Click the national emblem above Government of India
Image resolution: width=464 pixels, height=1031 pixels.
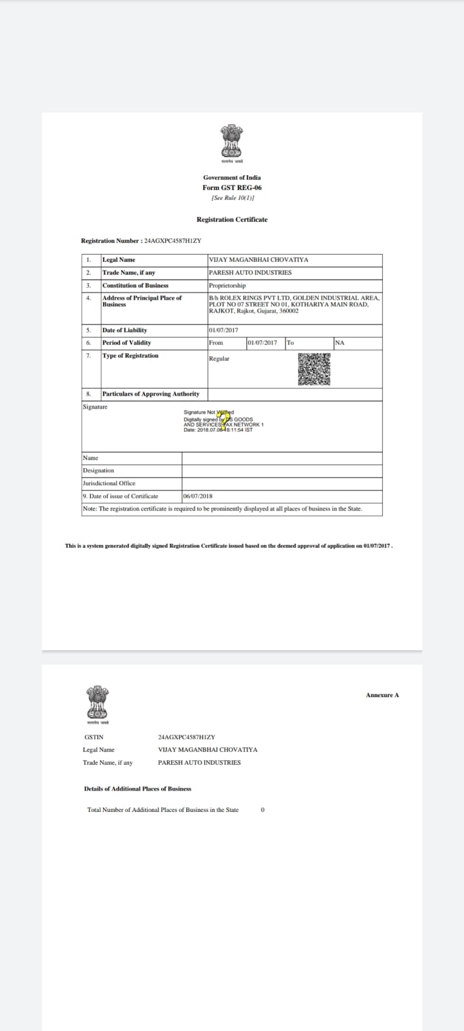[x=231, y=142]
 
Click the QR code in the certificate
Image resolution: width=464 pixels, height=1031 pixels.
[x=314, y=369]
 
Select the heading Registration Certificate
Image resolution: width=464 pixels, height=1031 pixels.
[x=232, y=220]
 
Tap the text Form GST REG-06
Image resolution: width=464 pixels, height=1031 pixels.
[x=232, y=188]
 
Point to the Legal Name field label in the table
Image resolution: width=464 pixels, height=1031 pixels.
[x=119, y=260]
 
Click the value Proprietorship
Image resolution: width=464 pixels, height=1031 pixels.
[x=227, y=285]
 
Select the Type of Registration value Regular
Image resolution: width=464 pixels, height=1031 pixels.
[x=219, y=359]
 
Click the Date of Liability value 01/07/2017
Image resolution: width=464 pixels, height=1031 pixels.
[x=224, y=330]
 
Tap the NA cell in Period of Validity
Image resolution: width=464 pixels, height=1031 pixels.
[x=340, y=343]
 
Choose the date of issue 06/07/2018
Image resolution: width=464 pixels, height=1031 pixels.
[x=198, y=496]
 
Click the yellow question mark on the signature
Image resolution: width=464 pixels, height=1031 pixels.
[x=224, y=419]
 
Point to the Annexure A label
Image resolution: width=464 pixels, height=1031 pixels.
[x=382, y=695]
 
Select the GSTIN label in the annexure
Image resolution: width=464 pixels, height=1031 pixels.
[x=93, y=737]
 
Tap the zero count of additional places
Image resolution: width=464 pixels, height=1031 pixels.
[x=262, y=810]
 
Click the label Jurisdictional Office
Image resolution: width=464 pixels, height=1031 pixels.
[x=109, y=483]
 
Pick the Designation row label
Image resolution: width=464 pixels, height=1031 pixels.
[x=98, y=470]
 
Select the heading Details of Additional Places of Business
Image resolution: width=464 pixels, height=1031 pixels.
[x=137, y=789]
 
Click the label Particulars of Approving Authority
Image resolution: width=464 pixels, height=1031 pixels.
[x=151, y=394]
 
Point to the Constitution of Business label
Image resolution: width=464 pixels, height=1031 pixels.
[x=135, y=285]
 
